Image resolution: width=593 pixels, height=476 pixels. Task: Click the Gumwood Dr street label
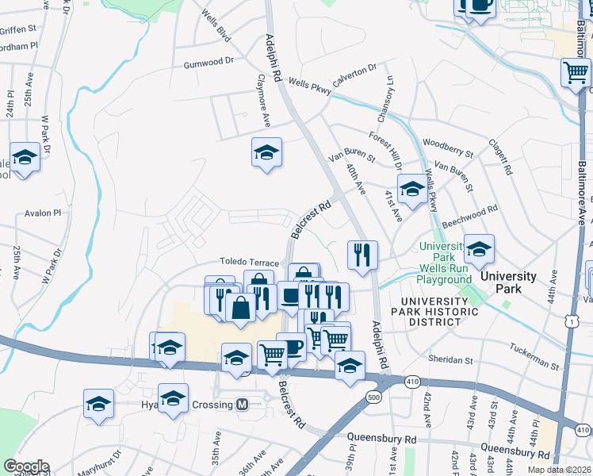coord(209,62)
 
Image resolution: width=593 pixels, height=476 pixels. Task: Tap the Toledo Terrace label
coord(249,263)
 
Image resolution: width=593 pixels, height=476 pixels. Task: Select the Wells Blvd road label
coord(216,27)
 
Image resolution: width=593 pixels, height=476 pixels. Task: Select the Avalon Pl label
coord(43,213)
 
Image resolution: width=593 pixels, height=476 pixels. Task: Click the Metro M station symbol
coord(243,405)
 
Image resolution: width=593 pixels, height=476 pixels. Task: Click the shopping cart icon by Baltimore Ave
coord(576,74)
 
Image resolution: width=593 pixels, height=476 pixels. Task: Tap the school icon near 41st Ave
coord(411,189)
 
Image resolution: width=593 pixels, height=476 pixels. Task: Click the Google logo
coord(26,466)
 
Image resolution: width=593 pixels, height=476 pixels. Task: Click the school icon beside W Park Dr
coord(25,157)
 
